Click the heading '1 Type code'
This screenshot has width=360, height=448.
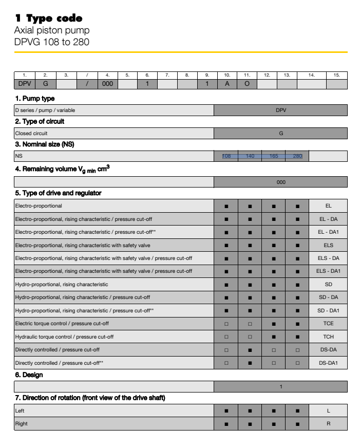(49, 18)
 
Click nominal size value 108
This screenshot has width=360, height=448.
(226, 156)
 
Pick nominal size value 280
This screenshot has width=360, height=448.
(297, 156)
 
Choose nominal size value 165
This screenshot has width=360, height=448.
(274, 156)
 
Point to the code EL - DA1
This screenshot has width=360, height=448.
(328, 232)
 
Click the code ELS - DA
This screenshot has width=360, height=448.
(328, 258)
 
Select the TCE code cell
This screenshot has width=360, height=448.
(328, 324)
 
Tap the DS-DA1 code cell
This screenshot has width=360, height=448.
(328, 363)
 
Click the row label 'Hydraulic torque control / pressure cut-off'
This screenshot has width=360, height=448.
(64, 337)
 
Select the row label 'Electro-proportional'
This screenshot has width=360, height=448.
(39, 206)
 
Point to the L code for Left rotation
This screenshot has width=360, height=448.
(328, 411)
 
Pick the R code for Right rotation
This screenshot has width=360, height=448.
(328, 424)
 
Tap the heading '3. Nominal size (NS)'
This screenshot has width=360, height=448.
(44, 144)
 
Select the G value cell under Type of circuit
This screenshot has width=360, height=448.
(281, 134)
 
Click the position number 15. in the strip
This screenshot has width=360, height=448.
(336, 76)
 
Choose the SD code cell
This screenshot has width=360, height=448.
(328, 285)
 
